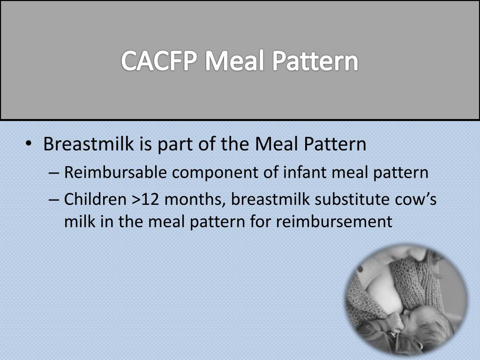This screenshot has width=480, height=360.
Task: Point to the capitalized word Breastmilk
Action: (89, 144)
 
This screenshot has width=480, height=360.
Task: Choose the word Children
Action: (96, 199)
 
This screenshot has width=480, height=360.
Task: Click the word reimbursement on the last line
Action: (334, 221)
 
